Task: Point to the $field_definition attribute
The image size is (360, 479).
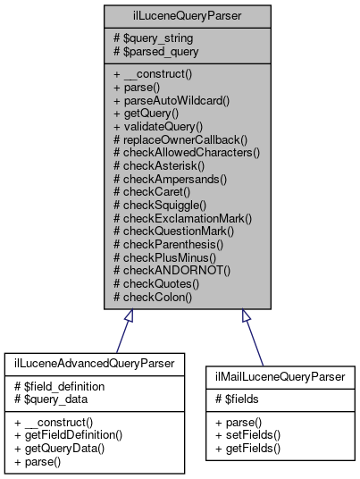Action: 62,385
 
